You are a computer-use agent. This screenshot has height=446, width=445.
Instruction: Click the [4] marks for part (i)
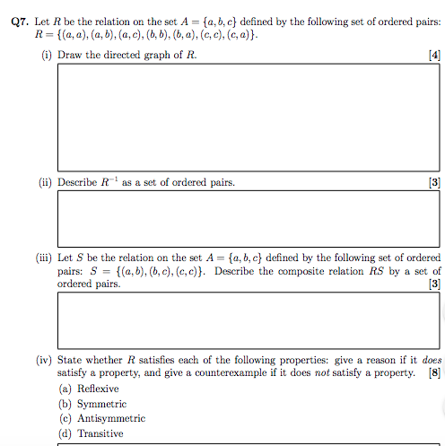tap(435, 56)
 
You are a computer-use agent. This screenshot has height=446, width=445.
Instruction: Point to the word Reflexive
tap(98, 389)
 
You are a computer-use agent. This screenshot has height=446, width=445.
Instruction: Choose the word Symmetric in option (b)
tap(100, 404)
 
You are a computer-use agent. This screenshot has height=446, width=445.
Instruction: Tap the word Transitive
tap(100, 433)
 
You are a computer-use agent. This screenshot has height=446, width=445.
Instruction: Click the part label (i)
tap(45, 56)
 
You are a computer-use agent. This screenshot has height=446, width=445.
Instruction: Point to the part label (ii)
tap(45, 182)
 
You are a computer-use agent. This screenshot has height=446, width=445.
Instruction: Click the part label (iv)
tap(44, 359)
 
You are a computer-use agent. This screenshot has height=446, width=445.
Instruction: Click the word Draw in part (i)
tap(70, 56)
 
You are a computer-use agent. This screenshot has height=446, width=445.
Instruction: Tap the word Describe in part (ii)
tap(78, 182)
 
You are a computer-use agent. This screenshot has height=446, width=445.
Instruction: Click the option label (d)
tap(65, 433)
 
